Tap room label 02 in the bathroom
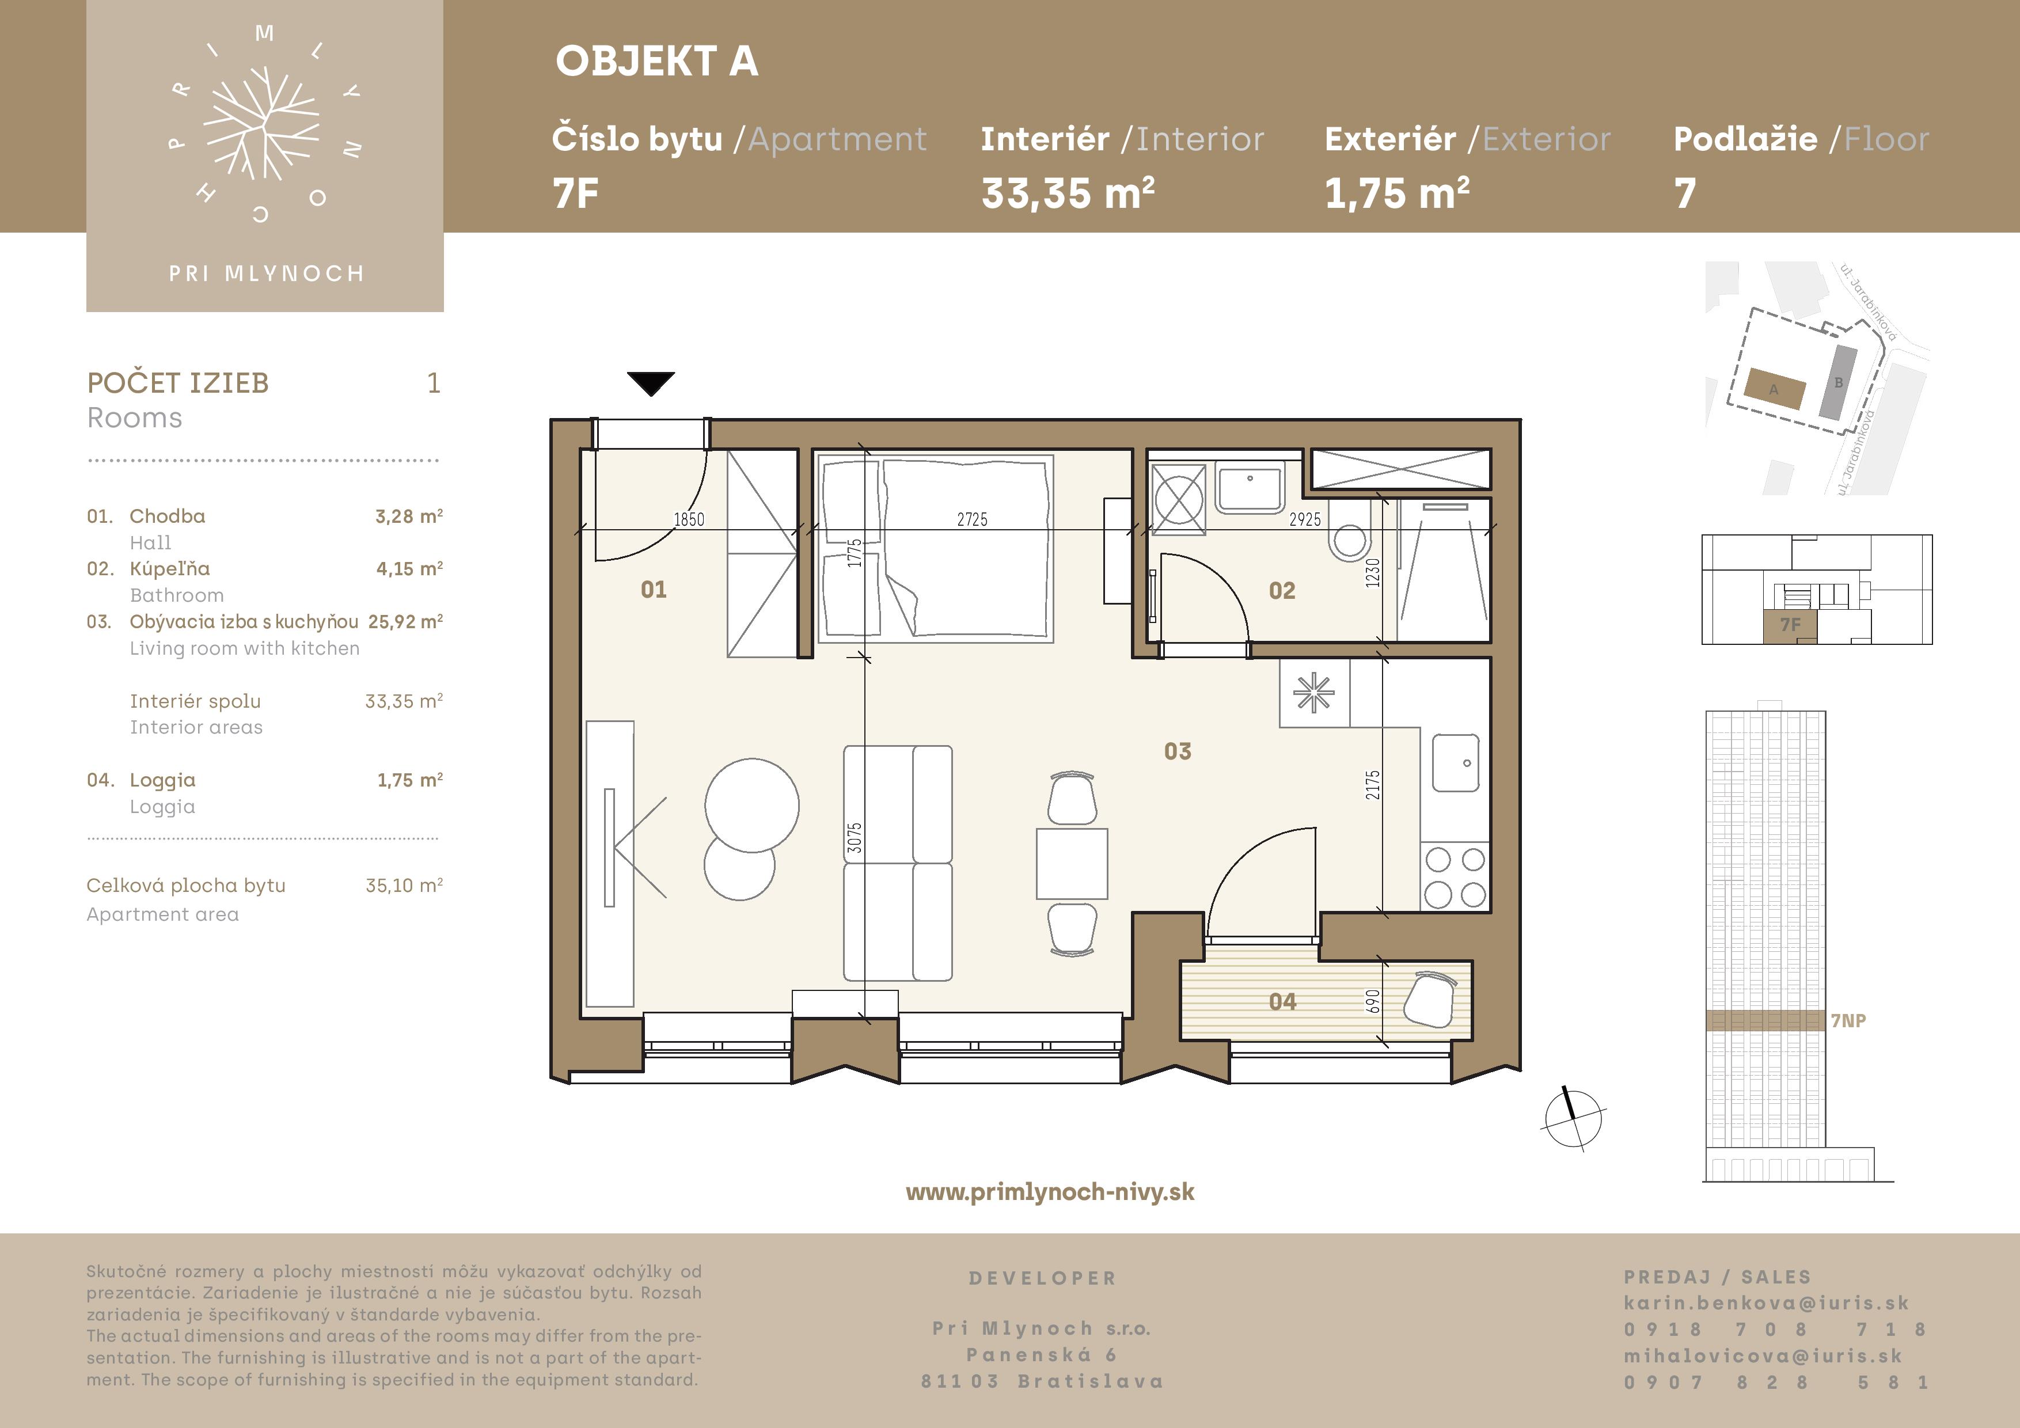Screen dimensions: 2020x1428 pyautogui.click(x=1282, y=590)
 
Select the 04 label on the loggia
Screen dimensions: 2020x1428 pyautogui.click(x=1282, y=1001)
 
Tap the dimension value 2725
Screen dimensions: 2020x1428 pyautogui.click(x=972, y=519)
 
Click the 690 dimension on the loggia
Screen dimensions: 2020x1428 pyautogui.click(x=1372, y=1001)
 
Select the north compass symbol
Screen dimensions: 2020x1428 pyautogui.click(x=1573, y=1119)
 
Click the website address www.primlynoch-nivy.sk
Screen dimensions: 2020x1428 pyautogui.click(x=1050, y=1192)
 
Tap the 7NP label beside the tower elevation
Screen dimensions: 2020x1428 pyautogui.click(x=1848, y=1021)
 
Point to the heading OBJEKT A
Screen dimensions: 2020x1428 pyautogui.click(x=656, y=62)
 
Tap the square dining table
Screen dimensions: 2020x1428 pyautogui.click(x=1072, y=863)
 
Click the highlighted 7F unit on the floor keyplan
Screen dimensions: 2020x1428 pyautogui.click(x=1790, y=625)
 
